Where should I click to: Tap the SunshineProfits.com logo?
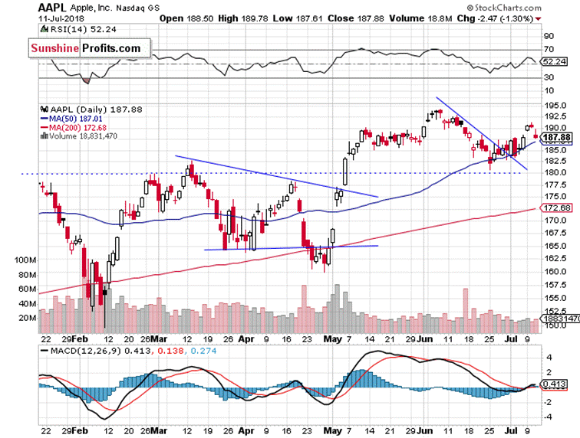coord(86,48)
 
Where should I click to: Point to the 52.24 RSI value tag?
coord(555,61)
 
